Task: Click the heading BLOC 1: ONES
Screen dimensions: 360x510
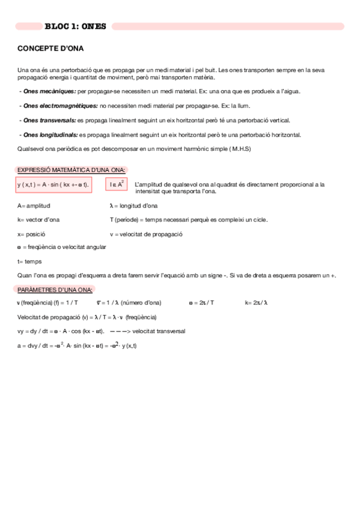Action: (75, 26)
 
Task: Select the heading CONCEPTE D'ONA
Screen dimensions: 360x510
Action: (50, 48)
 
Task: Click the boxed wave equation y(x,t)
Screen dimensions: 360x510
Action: (53, 185)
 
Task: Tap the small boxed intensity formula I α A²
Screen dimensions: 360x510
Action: (117, 185)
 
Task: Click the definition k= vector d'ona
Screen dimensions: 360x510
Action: (38, 220)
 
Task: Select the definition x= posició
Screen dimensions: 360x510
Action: (31, 234)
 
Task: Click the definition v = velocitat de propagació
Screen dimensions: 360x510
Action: (146, 234)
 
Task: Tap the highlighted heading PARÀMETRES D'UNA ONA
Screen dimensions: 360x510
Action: (55, 289)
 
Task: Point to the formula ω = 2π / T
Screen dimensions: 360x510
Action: (201, 303)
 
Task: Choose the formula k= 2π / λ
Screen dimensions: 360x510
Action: (257, 303)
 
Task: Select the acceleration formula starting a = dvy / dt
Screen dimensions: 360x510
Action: (77, 345)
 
